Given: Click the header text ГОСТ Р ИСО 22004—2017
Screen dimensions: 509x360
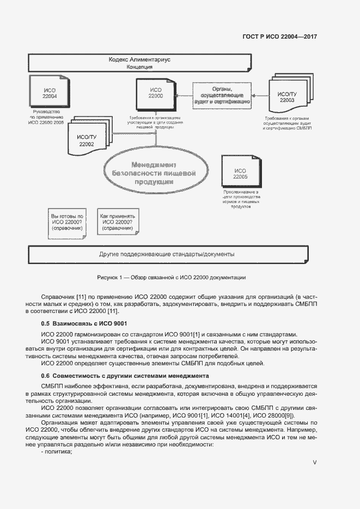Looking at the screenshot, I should [279, 37].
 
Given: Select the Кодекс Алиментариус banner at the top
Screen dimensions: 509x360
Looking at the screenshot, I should [140, 60].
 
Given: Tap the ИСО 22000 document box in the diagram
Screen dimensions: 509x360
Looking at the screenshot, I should [156, 93].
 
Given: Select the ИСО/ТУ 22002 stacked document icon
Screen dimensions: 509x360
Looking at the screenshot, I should [86, 140].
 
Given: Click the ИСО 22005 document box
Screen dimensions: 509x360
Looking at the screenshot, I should [240, 173].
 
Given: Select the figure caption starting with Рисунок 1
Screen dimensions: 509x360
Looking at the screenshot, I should [171, 277].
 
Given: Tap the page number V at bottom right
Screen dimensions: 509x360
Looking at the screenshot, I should [315, 462].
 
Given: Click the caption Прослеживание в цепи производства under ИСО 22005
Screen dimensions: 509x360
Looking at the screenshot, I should [242, 200].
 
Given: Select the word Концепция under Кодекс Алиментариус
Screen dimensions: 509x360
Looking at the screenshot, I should [139, 68].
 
